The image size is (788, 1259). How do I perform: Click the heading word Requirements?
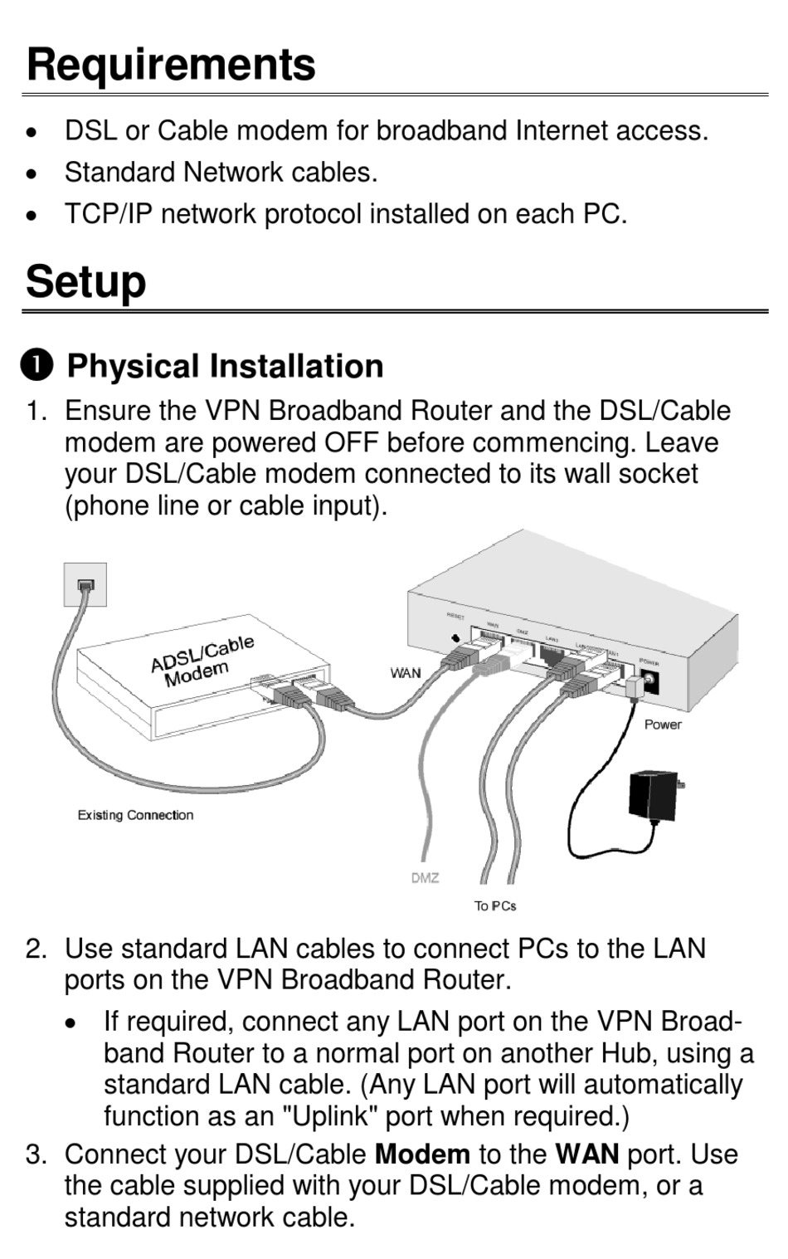coord(171,65)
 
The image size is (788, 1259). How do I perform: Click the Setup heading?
coord(85,281)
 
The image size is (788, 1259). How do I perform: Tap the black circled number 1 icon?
coord(37,364)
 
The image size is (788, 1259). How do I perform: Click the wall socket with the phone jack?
coord(85,584)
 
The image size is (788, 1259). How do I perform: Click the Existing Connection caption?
coord(135,815)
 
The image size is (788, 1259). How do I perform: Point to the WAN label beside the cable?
coord(406,673)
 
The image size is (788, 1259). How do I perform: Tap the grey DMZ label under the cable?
coord(425,877)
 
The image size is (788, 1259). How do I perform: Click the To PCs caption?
coord(495,905)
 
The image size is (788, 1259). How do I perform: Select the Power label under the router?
coord(663,725)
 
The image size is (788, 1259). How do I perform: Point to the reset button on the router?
coord(455,638)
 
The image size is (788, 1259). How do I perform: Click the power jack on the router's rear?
coord(649,681)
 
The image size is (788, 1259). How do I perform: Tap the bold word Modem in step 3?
coord(422,1154)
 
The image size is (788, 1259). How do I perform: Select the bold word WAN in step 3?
coord(587,1154)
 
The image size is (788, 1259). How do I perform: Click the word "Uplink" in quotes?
coord(331,1116)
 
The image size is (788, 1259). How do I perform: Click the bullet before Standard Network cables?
coord(32,173)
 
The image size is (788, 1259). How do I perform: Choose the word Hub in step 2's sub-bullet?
coord(628,1053)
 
